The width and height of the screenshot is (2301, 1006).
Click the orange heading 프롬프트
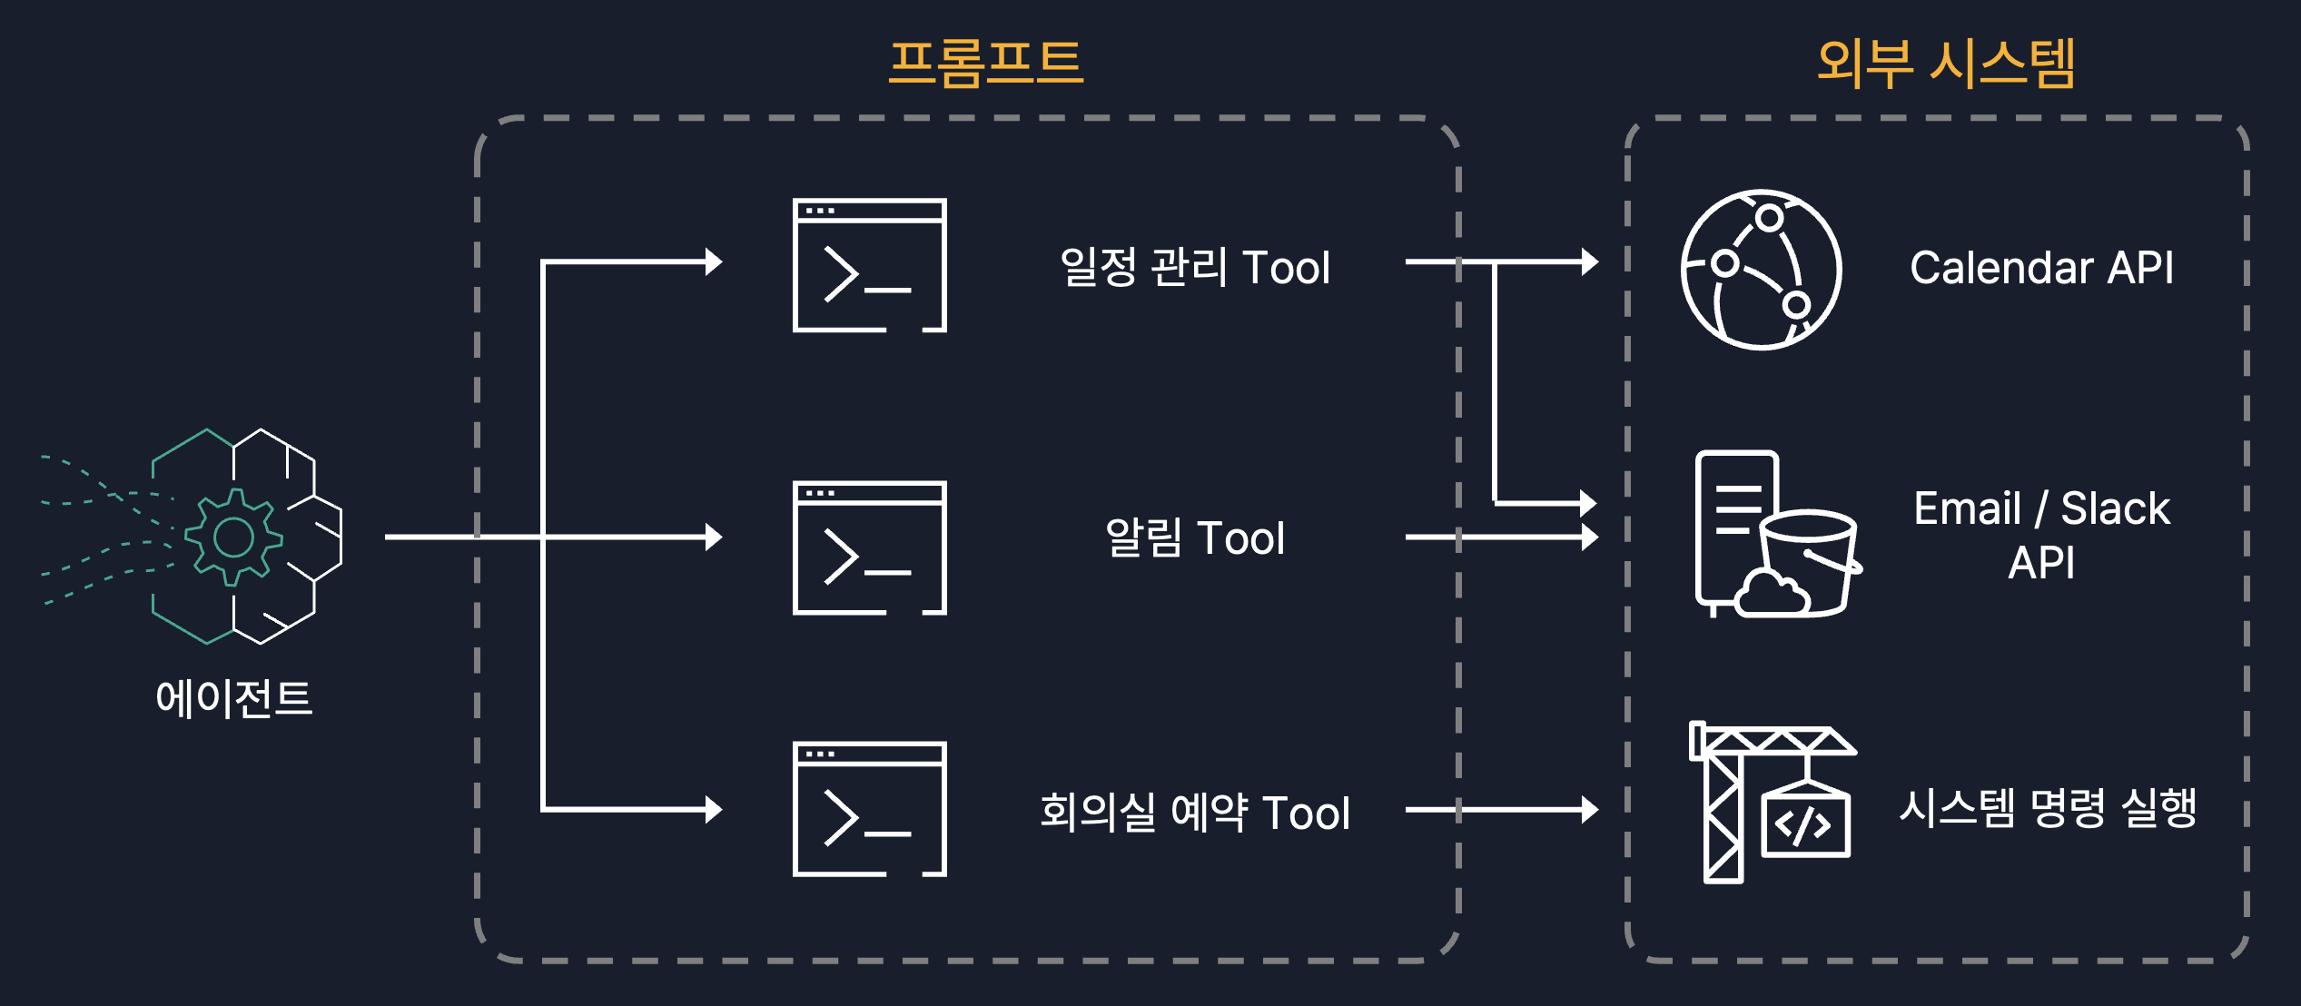(x=985, y=64)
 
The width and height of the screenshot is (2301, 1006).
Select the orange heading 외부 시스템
(x=1946, y=64)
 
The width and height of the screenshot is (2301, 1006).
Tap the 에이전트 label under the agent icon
(x=233, y=698)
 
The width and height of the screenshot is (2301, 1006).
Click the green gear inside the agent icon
(x=233, y=537)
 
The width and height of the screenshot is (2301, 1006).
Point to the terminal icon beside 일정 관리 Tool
(x=869, y=265)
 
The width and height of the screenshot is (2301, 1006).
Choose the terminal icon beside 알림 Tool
(x=869, y=547)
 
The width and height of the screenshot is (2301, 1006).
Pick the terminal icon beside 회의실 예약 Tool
(x=869, y=809)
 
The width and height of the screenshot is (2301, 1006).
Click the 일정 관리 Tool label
(x=1194, y=267)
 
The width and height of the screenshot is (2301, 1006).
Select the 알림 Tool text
(x=1194, y=538)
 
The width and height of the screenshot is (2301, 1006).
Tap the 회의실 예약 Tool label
(x=1194, y=812)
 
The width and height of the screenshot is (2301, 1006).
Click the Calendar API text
(x=2041, y=267)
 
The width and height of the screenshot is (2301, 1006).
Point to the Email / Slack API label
(x=2041, y=535)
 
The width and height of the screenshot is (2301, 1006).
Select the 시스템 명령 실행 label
(x=2047, y=807)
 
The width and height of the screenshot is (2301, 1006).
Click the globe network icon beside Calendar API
(x=1761, y=270)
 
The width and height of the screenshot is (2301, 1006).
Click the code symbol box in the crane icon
(x=1804, y=824)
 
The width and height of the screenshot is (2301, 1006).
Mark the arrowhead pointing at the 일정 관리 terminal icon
(x=715, y=262)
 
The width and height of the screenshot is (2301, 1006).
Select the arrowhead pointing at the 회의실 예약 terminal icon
(x=715, y=809)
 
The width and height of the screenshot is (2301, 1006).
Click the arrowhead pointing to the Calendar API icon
(x=1590, y=262)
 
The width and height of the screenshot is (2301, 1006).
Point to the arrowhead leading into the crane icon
(x=1590, y=809)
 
